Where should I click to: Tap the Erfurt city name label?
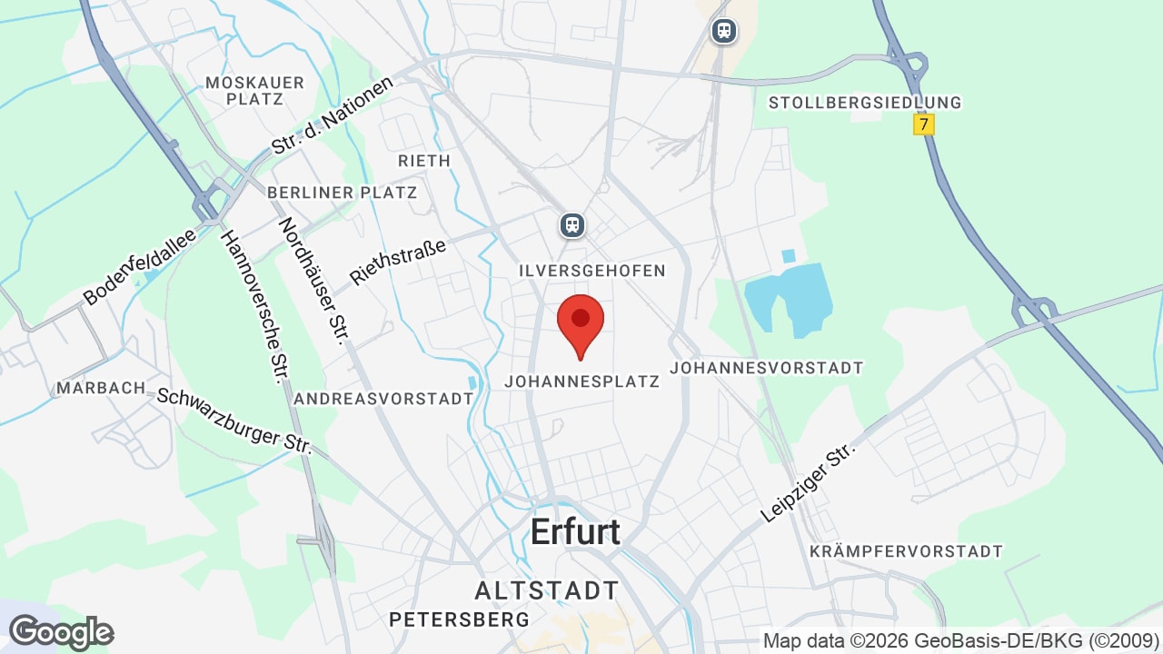point(575,532)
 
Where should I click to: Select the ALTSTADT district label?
point(546,590)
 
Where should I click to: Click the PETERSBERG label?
point(459,619)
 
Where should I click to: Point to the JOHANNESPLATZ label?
point(581,382)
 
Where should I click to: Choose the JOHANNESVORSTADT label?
point(766,368)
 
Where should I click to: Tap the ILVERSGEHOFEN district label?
point(592,271)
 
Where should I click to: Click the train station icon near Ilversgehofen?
point(572,223)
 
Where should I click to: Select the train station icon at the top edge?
point(723,31)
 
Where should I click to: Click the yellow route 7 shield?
point(924,124)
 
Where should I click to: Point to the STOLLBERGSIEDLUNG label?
point(864,103)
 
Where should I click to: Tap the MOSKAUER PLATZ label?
point(254,90)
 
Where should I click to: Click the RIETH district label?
point(424,161)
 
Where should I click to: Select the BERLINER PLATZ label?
point(342,193)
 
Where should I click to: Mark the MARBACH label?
point(101,388)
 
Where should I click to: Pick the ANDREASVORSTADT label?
point(383,399)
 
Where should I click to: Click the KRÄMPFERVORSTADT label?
point(906,551)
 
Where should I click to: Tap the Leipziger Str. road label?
point(809,481)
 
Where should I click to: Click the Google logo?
point(61,632)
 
